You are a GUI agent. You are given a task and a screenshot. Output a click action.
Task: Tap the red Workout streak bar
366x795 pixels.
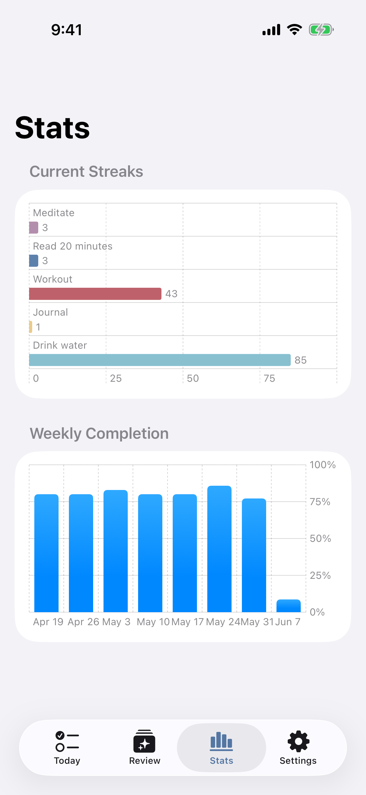[95, 294]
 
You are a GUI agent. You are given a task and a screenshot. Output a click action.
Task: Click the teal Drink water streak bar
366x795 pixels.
[160, 360]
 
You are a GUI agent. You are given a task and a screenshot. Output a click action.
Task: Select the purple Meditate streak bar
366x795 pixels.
[34, 227]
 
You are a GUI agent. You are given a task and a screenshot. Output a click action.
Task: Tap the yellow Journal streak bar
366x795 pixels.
[31, 327]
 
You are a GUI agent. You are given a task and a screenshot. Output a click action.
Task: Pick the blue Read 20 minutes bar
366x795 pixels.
[34, 260]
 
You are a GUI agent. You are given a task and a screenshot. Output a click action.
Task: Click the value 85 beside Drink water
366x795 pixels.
[300, 360]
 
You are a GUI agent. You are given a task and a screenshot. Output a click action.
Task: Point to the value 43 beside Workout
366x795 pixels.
[171, 294]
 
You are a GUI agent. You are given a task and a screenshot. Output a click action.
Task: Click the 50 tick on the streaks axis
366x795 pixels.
[193, 378]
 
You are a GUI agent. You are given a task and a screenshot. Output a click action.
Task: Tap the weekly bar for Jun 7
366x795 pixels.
[289, 606]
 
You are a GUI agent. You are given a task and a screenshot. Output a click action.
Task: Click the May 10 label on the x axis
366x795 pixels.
[153, 622]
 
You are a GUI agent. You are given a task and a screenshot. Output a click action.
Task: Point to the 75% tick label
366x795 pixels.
[320, 502]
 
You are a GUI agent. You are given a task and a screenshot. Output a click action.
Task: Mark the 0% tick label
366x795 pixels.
[317, 612]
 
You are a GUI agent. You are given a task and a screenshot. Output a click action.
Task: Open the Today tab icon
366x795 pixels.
[67, 741]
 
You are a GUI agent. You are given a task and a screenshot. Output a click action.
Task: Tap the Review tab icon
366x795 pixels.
[144, 741]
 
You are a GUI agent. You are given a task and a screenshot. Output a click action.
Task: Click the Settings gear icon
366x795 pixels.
[298, 741]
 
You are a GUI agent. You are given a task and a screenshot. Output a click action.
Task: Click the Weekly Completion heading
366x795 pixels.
[99, 433]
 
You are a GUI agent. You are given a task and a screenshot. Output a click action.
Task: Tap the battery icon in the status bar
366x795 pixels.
[321, 30]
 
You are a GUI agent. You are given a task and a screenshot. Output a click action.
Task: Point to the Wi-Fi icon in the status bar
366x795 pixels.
[294, 30]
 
